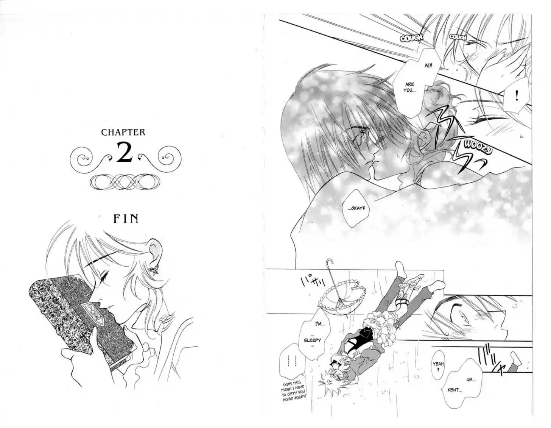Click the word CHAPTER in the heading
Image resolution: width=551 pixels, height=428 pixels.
coord(123,132)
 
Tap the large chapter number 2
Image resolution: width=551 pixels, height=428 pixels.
coord(125,152)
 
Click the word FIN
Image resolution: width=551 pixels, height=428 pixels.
coord(126,219)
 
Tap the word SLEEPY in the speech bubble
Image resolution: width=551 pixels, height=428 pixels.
coord(312,341)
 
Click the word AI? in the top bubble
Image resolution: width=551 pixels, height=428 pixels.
coord(428,66)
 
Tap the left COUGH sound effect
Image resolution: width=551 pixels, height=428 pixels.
coord(411,38)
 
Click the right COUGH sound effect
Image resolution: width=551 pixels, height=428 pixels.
coord(458,37)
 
